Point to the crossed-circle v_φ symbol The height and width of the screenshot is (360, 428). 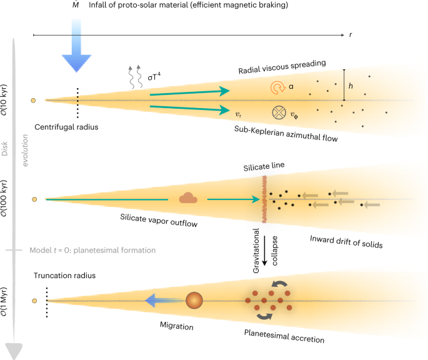tap(279, 112)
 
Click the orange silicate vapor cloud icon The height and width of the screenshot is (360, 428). tap(187, 198)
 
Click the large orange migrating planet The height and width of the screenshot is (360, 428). tap(195, 301)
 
